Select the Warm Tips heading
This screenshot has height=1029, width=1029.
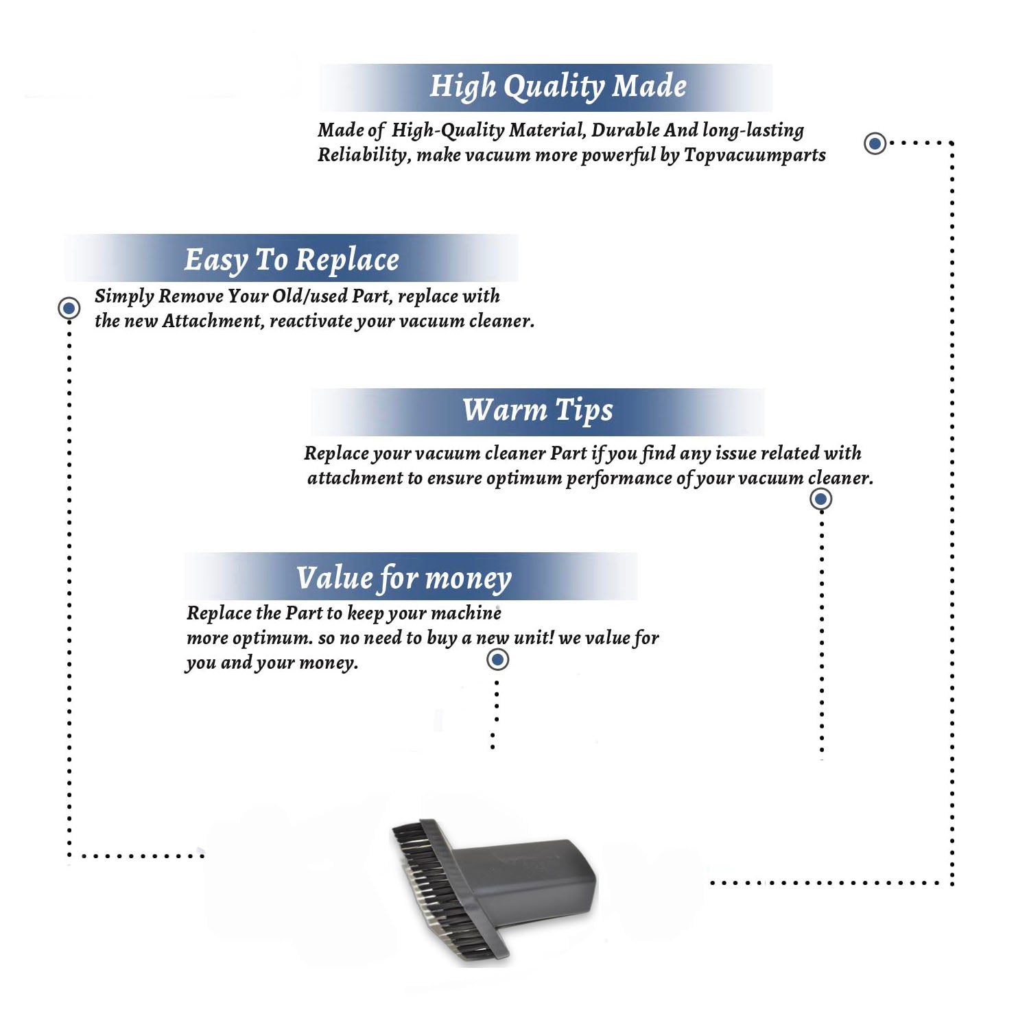click(x=537, y=411)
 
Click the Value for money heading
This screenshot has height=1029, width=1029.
click(x=404, y=578)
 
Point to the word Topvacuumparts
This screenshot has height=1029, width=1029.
click(x=755, y=156)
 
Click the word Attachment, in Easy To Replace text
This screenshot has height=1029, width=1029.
click(x=213, y=321)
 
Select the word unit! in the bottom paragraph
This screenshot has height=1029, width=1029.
click(x=534, y=638)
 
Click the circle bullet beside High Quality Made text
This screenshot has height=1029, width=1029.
click(x=875, y=143)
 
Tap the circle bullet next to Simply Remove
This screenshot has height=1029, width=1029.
click(x=69, y=308)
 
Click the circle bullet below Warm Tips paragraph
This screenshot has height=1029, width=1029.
click(x=820, y=499)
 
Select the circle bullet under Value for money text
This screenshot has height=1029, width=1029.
click(x=497, y=660)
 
